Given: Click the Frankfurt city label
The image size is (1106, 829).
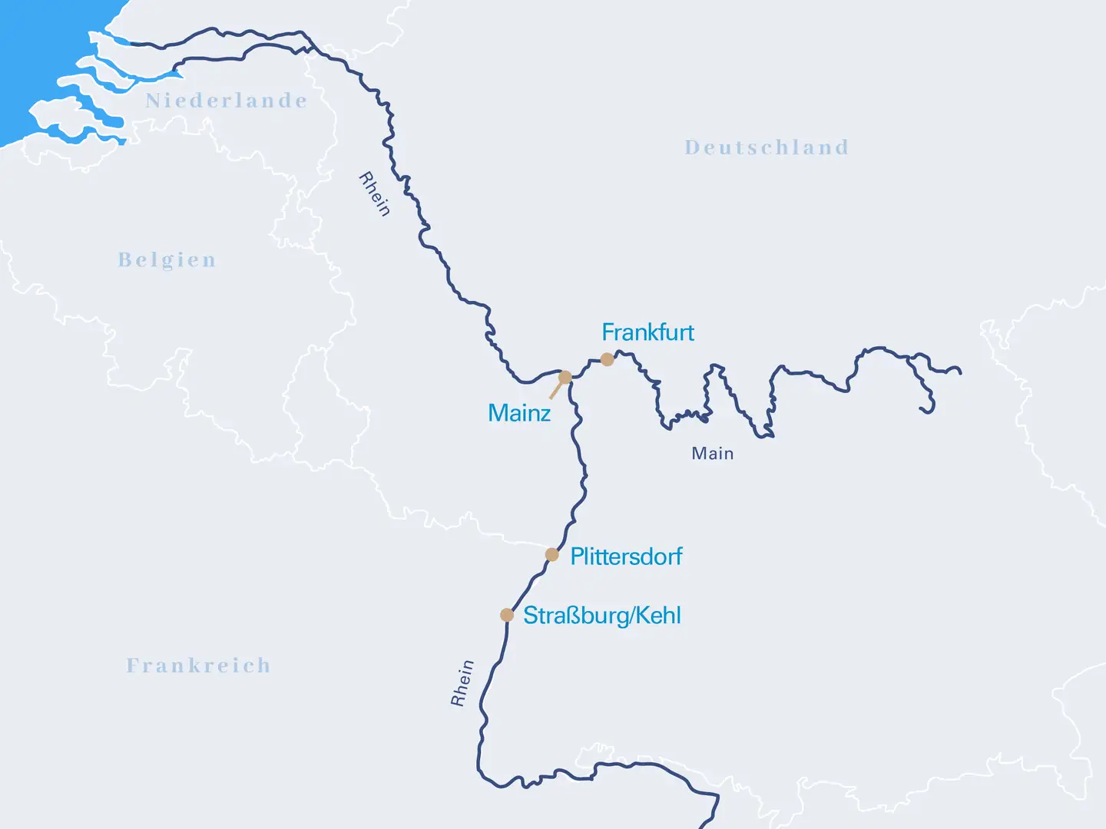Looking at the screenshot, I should (647, 332).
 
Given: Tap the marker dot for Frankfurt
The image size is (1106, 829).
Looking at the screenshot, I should (607, 359).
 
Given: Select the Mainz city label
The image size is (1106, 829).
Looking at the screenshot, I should (519, 414).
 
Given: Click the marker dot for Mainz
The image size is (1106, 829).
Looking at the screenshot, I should (565, 378).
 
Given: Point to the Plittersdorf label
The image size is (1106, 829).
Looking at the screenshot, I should (626, 557).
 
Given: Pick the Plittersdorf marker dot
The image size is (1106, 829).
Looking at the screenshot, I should (551, 554).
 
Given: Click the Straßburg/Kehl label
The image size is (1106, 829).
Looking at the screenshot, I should (602, 616).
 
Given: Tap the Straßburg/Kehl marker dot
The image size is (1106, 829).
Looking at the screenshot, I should (507, 615).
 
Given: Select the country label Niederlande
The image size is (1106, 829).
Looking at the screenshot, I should (227, 101).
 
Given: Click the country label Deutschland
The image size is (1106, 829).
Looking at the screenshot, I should (767, 147).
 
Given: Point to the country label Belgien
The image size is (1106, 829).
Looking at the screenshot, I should (167, 260).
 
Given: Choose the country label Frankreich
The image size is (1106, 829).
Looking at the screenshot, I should (198, 666).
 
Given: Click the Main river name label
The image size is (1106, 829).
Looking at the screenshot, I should (712, 454).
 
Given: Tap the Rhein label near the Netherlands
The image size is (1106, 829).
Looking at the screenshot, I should (375, 194).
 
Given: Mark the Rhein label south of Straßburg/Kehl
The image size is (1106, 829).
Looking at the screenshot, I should (462, 682).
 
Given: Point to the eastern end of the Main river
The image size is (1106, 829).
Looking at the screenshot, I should (959, 372).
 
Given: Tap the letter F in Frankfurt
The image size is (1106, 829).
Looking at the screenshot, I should (608, 332).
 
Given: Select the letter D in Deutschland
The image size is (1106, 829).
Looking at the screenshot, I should (692, 147).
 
